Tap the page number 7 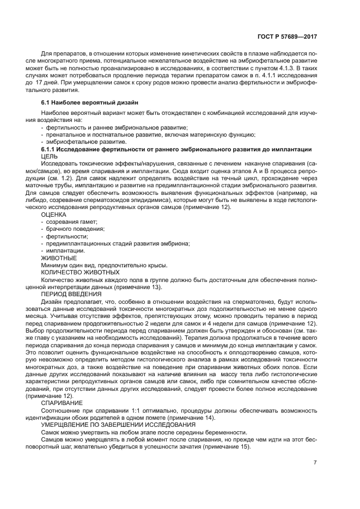click(315, 463)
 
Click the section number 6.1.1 click(51, 149)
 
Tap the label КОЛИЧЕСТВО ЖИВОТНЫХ click(80, 272)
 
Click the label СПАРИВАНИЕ click(60, 403)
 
